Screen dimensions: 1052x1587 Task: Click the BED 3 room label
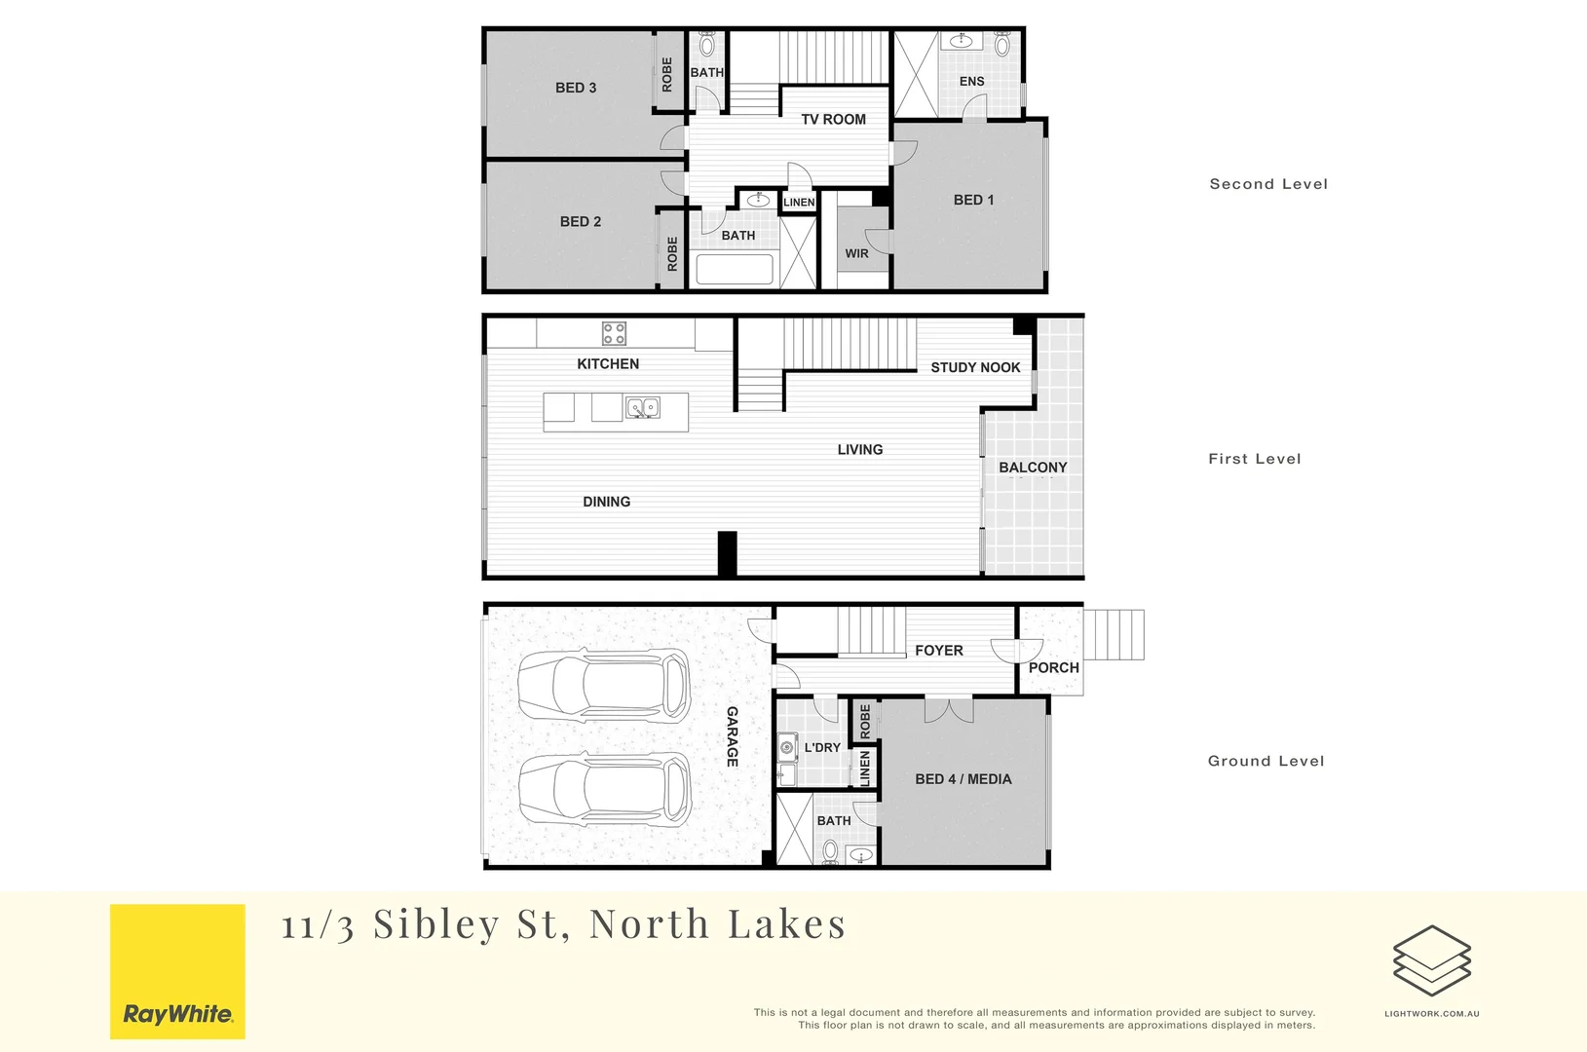(x=576, y=88)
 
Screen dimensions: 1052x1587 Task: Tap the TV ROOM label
(x=833, y=120)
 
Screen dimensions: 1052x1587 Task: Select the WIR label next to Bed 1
(x=856, y=253)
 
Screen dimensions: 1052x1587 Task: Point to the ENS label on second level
(x=971, y=82)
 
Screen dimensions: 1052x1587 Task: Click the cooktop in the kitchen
(x=614, y=333)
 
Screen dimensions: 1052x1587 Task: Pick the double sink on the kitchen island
(x=642, y=407)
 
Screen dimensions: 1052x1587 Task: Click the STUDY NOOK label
(x=975, y=367)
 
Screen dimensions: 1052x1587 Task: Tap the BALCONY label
(x=1033, y=468)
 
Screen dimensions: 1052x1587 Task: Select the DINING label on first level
(x=606, y=502)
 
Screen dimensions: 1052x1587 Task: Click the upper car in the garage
(x=604, y=685)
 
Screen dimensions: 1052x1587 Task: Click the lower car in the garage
(x=605, y=787)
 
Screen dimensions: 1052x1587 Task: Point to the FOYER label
(x=938, y=651)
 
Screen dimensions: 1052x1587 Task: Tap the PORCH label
(x=1053, y=668)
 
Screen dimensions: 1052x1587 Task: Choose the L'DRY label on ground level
(x=822, y=748)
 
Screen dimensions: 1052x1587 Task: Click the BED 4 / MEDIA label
(x=963, y=779)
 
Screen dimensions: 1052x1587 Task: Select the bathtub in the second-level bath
(x=735, y=269)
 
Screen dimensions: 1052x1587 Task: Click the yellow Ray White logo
(x=177, y=971)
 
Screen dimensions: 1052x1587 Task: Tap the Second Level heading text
(x=1268, y=184)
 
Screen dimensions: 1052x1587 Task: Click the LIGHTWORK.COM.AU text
(x=1431, y=1014)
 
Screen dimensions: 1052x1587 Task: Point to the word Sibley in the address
(x=435, y=924)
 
